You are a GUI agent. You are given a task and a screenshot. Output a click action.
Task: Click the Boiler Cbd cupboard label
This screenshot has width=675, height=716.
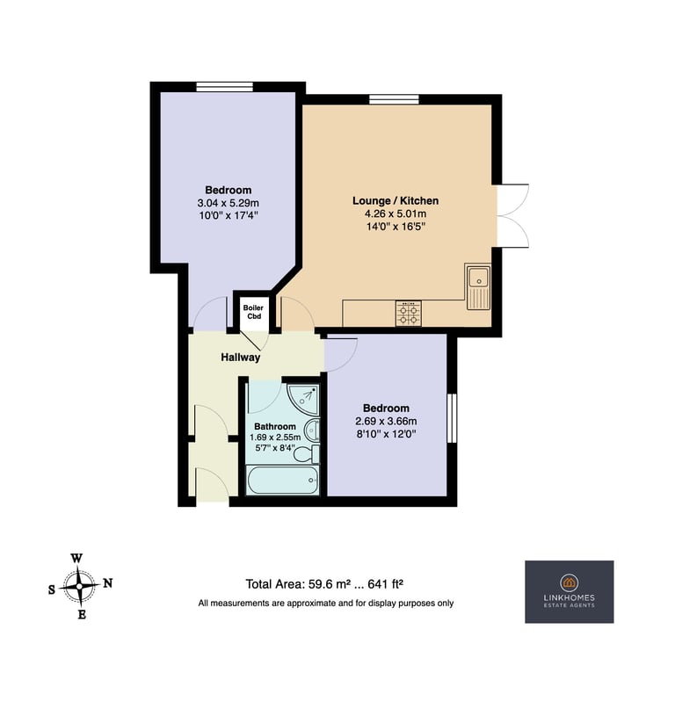(253, 312)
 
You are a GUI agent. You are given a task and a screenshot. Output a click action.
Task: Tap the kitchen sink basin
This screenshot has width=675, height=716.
(478, 278)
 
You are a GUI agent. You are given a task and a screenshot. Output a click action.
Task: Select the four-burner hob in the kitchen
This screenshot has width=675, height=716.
(409, 314)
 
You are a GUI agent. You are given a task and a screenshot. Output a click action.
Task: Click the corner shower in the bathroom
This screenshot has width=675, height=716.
(303, 399)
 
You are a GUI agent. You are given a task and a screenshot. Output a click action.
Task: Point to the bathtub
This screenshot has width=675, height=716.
(282, 480)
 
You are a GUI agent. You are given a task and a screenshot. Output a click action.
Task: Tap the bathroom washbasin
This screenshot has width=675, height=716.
(312, 430)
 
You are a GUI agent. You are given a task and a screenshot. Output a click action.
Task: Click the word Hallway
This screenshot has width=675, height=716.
(241, 357)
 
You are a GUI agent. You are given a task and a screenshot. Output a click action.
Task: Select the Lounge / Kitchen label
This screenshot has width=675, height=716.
(396, 200)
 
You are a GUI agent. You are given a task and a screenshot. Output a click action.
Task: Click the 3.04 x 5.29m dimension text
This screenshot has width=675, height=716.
(229, 203)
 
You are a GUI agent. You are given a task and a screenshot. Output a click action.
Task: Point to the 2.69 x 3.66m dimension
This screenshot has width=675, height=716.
(386, 421)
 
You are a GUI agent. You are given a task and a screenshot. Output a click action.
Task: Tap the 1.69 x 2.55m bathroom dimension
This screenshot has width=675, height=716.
(275, 438)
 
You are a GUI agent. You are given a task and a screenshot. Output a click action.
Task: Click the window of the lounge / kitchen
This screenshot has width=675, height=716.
(394, 98)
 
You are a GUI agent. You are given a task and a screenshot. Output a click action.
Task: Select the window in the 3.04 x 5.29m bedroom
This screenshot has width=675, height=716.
(225, 87)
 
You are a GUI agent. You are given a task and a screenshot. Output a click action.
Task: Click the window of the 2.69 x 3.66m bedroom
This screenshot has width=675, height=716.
(452, 418)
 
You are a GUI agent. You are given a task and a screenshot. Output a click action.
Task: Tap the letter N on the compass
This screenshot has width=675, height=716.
(108, 583)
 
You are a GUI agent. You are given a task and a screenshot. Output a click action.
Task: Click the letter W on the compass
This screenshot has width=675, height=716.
(76, 558)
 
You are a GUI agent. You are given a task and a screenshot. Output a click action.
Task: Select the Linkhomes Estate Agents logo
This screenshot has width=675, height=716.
(569, 592)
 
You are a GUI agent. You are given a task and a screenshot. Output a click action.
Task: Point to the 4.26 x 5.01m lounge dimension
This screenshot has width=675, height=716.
(396, 213)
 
